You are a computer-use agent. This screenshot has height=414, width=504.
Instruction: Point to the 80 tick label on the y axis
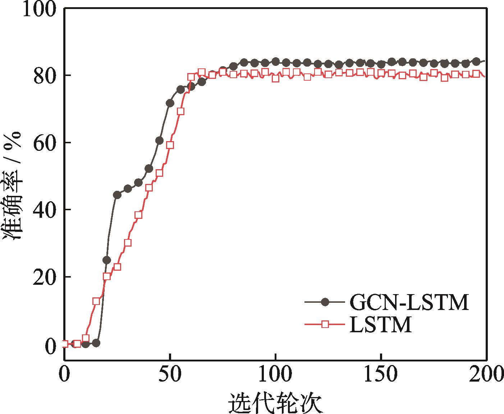point(45,76)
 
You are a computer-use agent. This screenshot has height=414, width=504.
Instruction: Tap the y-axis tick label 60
point(45,143)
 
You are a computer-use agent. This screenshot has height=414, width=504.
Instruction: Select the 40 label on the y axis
point(45,210)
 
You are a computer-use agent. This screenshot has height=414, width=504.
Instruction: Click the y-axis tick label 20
point(45,277)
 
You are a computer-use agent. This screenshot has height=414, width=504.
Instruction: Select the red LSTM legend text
point(381,325)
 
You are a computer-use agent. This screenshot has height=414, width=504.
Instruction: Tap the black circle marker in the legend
point(325,302)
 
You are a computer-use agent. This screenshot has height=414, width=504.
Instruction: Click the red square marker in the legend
point(325,324)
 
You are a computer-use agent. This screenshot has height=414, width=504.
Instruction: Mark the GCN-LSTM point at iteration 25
point(117,195)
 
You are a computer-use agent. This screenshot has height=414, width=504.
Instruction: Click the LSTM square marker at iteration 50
point(170,145)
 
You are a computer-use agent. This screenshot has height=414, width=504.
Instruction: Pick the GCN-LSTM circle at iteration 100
point(276,62)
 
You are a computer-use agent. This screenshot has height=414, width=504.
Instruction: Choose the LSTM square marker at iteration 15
point(96,301)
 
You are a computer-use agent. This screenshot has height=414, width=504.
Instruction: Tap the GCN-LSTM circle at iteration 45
point(159,140)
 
